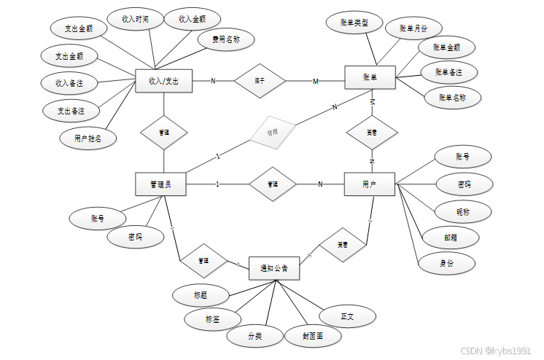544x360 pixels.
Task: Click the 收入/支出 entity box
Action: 163,81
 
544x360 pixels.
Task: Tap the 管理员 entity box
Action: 160,184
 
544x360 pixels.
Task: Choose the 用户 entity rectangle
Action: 369,184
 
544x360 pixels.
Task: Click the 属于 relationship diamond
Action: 260,81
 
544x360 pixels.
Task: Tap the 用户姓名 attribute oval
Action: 88,137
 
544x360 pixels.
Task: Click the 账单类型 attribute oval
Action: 354,23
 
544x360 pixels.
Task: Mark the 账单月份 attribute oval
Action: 413,29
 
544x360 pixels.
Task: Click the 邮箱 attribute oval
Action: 450,237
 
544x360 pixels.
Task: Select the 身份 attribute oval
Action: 446,263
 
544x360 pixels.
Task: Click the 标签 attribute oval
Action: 212,319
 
